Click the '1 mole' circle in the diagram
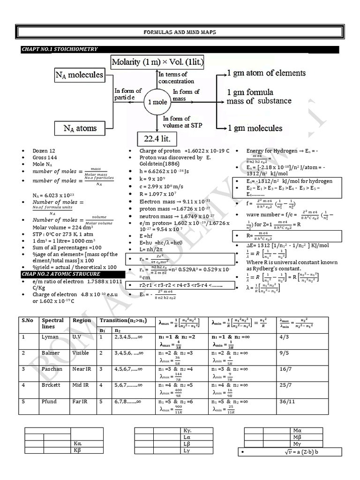pos(156,102)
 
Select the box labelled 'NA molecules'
pos(79,75)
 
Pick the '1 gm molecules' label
pos(255,128)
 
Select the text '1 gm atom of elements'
pos(266,73)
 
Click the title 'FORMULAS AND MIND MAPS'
pos(179,32)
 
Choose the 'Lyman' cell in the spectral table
pos(50,337)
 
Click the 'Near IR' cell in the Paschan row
pos(82,369)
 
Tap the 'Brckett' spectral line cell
pos(51,385)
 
